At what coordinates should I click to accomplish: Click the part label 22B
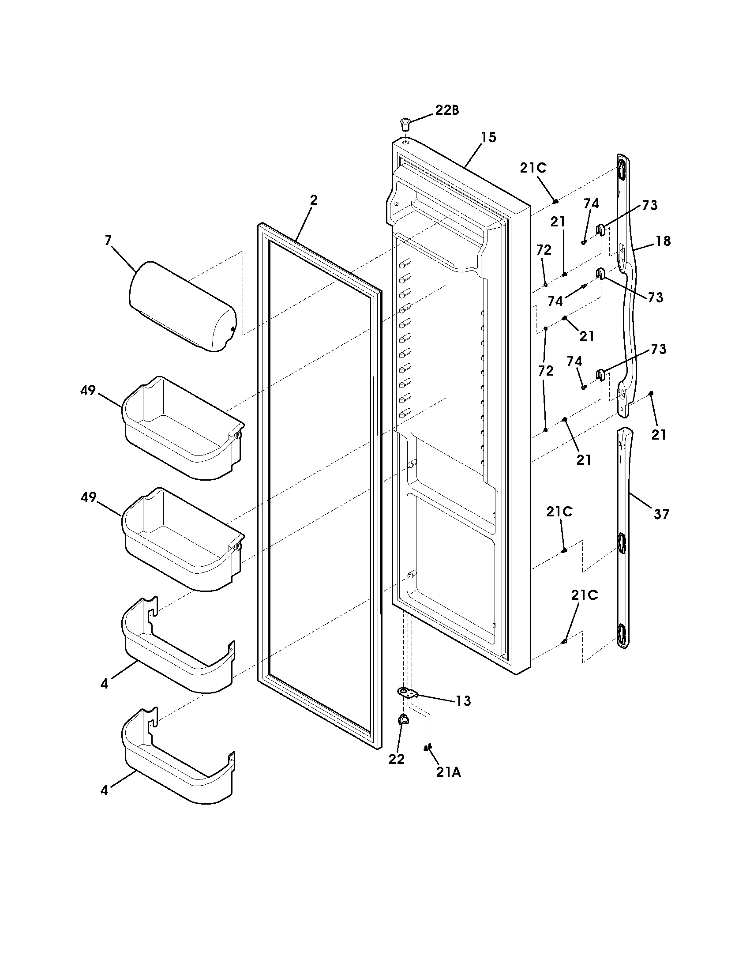(x=446, y=110)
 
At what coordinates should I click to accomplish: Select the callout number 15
(x=488, y=137)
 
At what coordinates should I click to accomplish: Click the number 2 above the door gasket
(x=314, y=200)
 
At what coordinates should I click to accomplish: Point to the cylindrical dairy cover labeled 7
(x=182, y=306)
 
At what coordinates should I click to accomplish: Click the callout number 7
(x=108, y=241)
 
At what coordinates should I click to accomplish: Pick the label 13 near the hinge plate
(x=463, y=701)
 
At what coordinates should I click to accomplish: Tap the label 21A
(x=448, y=773)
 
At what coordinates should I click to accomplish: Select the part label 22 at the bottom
(x=396, y=760)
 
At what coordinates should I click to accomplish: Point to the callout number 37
(x=661, y=514)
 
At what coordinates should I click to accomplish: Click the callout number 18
(x=663, y=241)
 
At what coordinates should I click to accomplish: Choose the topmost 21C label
(x=533, y=168)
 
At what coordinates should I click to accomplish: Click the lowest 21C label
(x=584, y=595)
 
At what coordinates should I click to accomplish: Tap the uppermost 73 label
(x=649, y=205)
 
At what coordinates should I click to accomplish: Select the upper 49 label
(x=88, y=390)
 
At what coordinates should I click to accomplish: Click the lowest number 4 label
(x=104, y=791)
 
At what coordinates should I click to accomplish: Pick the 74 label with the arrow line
(x=555, y=301)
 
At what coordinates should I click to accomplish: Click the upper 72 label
(x=544, y=250)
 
